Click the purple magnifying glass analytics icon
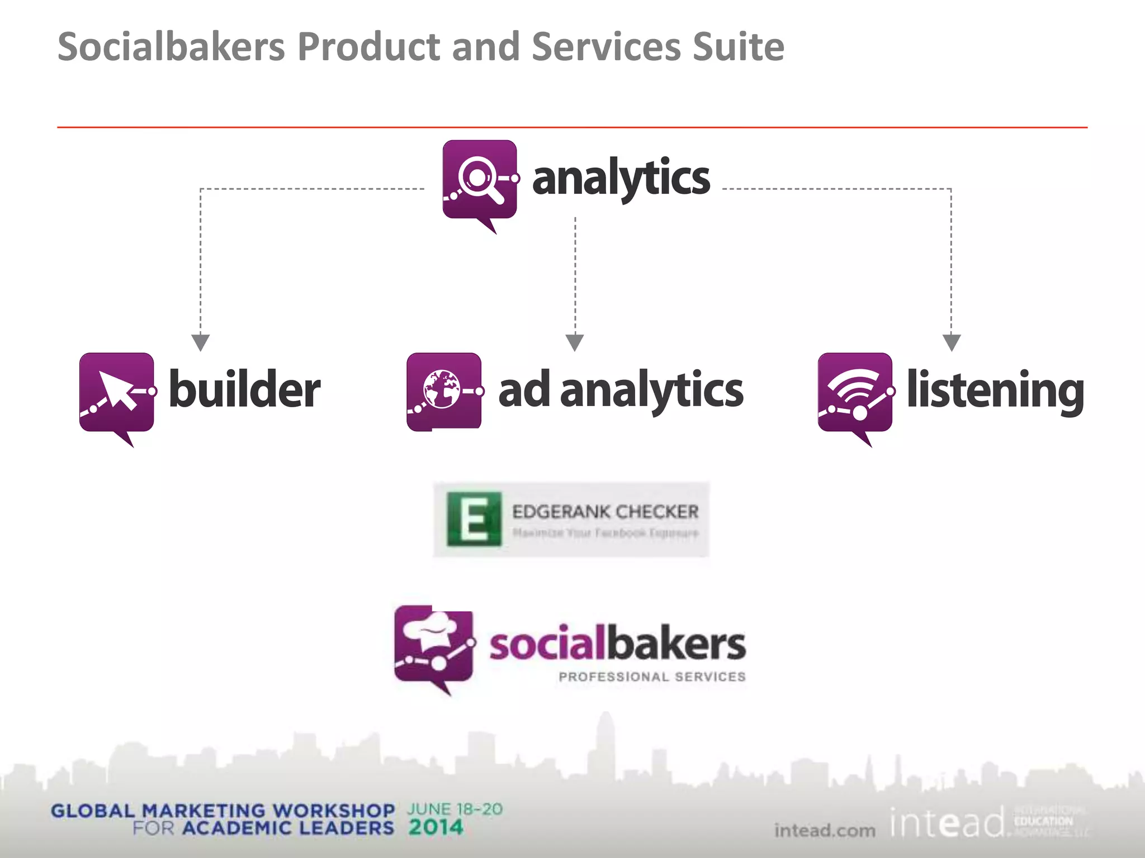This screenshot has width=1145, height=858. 480,180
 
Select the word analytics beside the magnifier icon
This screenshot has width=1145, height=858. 621,178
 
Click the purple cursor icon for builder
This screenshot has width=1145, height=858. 116,392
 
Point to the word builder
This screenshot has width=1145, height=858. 244,390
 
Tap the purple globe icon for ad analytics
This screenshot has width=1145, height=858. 444,391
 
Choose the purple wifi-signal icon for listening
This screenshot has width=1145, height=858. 855,392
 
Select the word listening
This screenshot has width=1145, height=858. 995,390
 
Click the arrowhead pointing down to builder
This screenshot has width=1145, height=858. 201,342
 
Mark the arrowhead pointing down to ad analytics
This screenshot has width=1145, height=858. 575,342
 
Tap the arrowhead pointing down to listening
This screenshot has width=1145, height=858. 952,342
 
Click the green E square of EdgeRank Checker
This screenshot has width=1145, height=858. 474,519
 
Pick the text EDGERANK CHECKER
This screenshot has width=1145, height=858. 605,512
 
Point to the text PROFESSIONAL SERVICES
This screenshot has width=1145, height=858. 652,677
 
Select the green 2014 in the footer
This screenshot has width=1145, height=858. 436,827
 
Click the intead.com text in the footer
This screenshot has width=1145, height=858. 825,831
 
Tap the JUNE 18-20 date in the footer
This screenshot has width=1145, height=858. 455,809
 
